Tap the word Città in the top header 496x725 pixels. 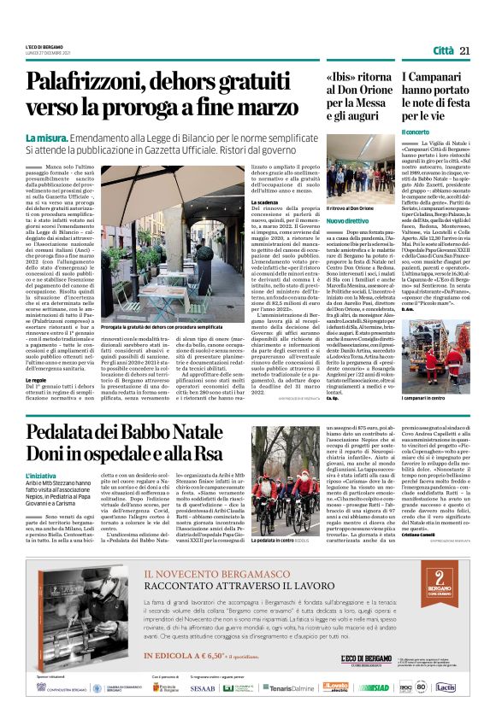coord(443,51)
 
